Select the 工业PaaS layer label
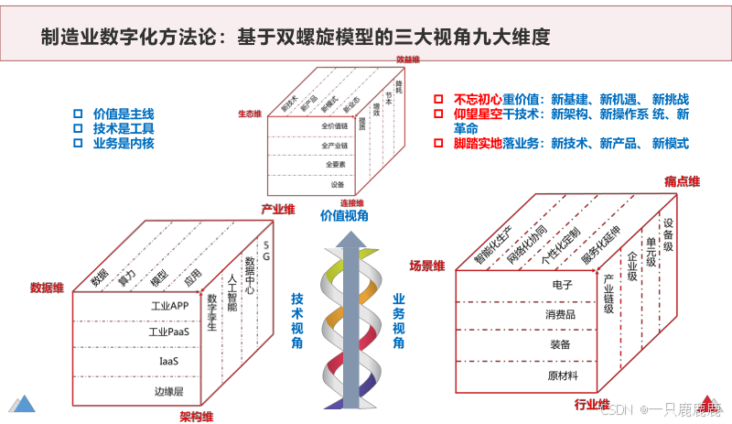point(168,332)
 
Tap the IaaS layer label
point(168,361)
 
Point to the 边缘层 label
point(168,391)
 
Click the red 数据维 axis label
point(47,288)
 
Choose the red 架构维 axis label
point(197,417)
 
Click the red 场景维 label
point(426,266)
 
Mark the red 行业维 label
point(592,404)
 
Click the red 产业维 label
point(277,210)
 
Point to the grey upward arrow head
point(346,239)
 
